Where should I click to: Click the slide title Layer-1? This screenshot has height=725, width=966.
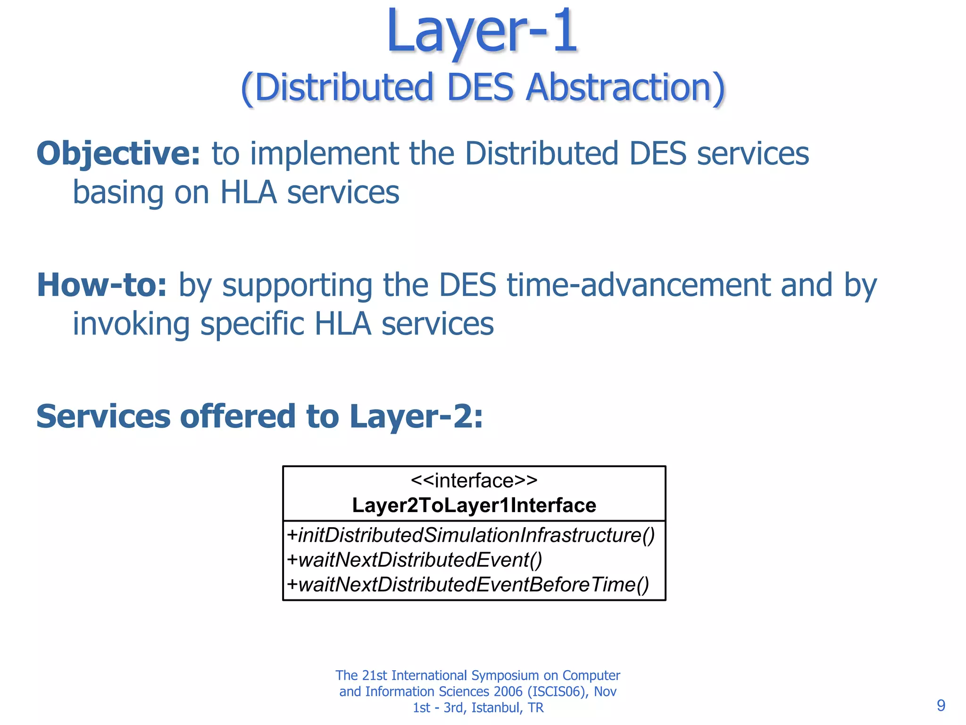tap(482, 32)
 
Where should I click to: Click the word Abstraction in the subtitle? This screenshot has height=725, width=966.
tap(625, 88)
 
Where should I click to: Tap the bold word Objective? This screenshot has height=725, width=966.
tap(118, 154)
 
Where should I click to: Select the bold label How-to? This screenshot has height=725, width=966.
tap(102, 285)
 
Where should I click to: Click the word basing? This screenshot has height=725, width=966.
tap(118, 193)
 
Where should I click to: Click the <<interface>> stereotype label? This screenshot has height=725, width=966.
tap(474, 481)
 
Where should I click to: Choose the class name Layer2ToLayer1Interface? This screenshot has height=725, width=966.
tap(474, 506)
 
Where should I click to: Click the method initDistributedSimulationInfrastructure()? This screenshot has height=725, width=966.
tap(471, 535)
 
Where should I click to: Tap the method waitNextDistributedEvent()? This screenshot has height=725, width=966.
tap(415, 560)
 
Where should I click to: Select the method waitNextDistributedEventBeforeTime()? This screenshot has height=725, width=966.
tap(468, 585)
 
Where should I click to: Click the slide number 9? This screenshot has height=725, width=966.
tap(941, 705)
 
